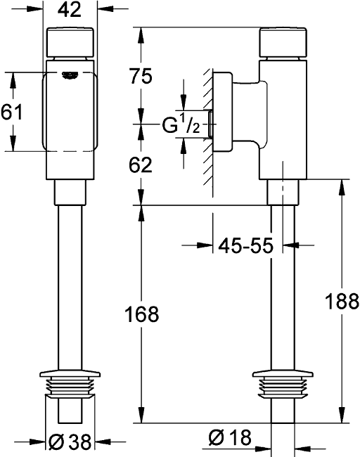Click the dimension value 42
pos(70,10)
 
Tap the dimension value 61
pos(11,112)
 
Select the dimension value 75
pos(141,76)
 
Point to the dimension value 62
pos(141,165)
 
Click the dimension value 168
pos(141,314)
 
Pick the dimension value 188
pos(342,302)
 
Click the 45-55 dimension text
pos(246,245)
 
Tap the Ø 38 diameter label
pos(70,442)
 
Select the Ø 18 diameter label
pos(231,437)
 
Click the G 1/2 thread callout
pos(181,124)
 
